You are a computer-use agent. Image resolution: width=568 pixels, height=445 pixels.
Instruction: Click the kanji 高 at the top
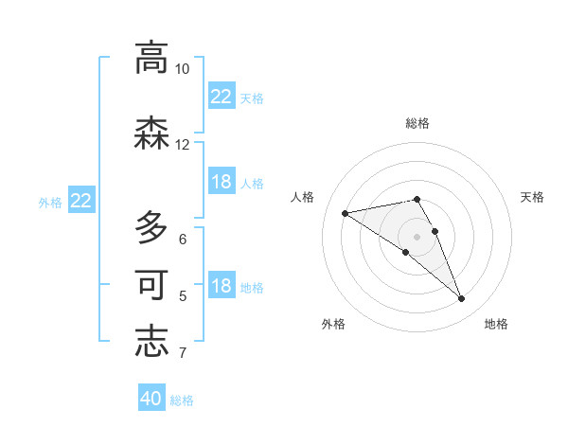pos(151,59)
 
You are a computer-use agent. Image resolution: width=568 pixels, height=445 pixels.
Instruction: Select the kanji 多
pos(151,228)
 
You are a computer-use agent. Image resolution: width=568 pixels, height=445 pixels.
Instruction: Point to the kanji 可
pos(151,285)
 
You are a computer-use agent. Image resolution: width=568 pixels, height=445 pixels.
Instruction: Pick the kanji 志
pos(151,341)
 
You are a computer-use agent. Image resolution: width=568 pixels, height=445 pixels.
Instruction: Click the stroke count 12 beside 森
pos(182,145)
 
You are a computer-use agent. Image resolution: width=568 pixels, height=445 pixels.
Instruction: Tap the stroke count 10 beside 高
pos(182,69)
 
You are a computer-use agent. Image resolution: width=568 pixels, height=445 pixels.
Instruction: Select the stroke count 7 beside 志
pos(182,354)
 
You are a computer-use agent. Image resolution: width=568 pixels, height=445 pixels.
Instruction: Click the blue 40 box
pos(151,399)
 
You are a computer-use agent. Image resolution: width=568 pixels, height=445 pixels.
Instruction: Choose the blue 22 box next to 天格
pos(222,96)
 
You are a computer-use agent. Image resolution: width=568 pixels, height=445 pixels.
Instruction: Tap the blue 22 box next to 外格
pos(81,200)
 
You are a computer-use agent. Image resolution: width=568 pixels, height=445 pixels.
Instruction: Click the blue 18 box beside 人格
pos(222,182)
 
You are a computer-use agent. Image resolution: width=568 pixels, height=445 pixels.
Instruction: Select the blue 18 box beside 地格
pos(222,286)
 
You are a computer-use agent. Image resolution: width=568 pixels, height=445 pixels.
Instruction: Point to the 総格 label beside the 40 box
pos(183,400)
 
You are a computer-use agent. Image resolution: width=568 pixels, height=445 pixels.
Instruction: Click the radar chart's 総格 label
pos(417,123)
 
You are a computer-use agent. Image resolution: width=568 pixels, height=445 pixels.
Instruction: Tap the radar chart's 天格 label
pos(533,197)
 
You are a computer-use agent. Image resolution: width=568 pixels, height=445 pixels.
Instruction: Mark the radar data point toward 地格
pos(462,299)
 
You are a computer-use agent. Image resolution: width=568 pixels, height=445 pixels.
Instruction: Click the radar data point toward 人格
pos(345,212)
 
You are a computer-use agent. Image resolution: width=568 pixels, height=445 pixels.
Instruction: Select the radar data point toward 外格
pos(405,252)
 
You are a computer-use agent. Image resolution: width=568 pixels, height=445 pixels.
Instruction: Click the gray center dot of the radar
pos(417,236)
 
